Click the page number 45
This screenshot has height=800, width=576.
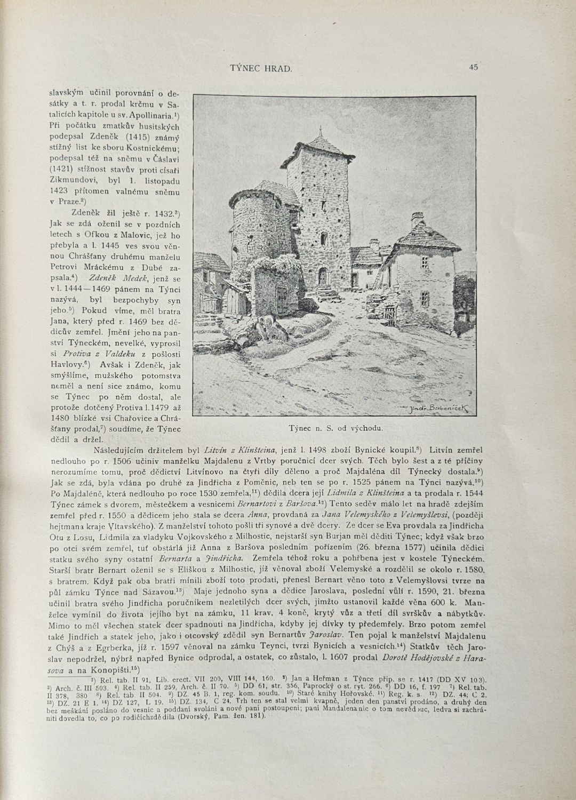click(x=473, y=67)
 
